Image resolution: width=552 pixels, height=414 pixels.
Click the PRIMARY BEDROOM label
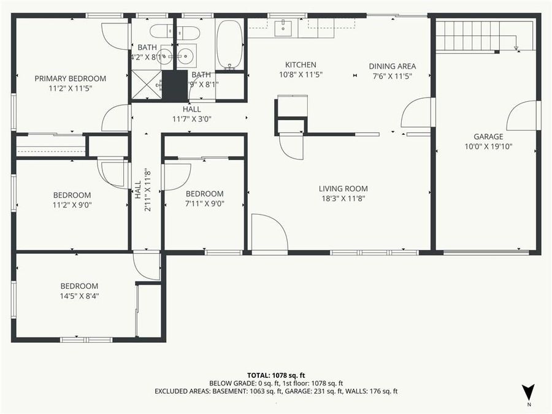pyautogui.click(x=70, y=79)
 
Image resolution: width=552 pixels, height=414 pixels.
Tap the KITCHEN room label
pyautogui.click(x=301, y=65)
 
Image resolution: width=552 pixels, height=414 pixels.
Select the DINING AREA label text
pyautogui.click(x=392, y=66)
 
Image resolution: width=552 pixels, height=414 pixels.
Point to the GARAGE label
pyautogui.click(x=488, y=137)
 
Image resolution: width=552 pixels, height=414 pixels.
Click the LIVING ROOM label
pyautogui.click(x=343, y=189)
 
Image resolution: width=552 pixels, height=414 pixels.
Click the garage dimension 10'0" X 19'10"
pyautogui.click(x=488, y=147)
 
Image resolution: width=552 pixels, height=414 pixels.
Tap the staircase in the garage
pyautogui.click(x=485, y=35)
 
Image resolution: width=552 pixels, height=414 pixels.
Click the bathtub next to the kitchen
pyautogui.click(x=230, y=44)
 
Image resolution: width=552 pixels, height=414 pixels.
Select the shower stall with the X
pyautogui.click(x=146, y=85)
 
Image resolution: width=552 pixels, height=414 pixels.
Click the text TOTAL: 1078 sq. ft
pyautogui.click(x=276, y=375)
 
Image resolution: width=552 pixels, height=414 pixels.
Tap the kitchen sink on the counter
pyautogui.click(x=285, y=25)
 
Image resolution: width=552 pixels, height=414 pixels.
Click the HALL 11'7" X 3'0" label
pyautogui.click(x=191, y=114)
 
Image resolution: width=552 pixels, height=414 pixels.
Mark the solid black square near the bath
pyautogui.click(x=175, y=85)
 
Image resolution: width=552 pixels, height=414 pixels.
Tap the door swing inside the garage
pyautogui.click(x=523, y=116)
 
